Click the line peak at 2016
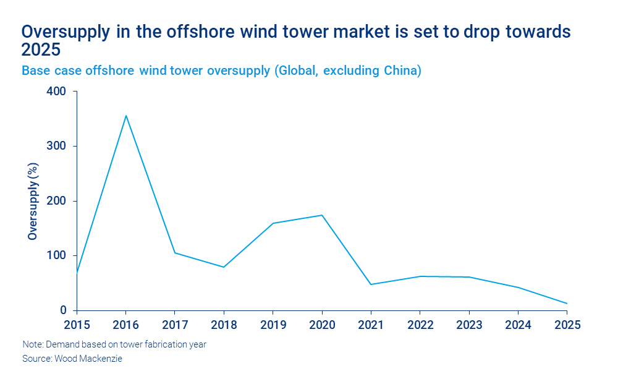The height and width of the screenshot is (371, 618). (x=126, y=116)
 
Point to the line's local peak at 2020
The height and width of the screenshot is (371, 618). (x=322, y=215)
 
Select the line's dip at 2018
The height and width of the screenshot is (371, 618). (x=224, y=267)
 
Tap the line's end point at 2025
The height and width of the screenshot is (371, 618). (x=567, y=304)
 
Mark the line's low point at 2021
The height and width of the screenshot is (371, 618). (x=371, y=284)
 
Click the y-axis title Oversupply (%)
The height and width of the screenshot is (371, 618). (x=32, y=201)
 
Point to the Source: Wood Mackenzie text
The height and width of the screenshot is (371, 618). (x=72, y=359)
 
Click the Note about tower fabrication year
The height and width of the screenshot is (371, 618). (x=114, y=345)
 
